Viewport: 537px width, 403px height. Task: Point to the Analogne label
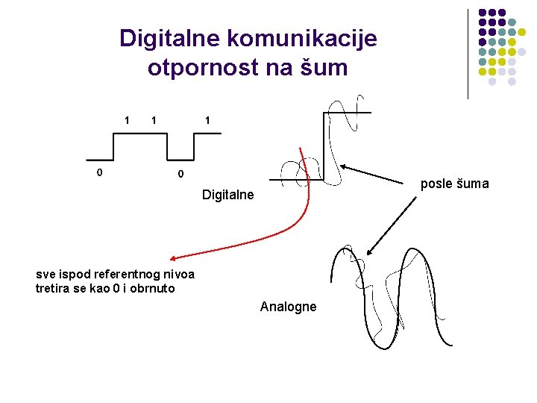coord(288,307)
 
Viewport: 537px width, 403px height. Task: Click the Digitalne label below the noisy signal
coord(227,195)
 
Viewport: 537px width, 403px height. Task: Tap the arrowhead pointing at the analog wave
coord(370,254)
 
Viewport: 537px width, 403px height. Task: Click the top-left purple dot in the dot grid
coord(482,13)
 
